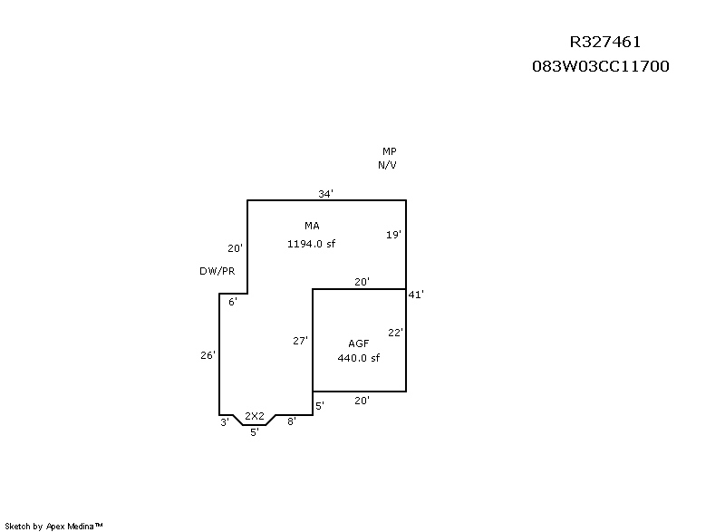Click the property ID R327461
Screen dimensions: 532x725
pyautogui.click(x=605, y=42)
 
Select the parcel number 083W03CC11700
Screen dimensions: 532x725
pyautogui.click(x=601, y=66)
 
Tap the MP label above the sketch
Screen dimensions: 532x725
pyautogui.click(x=389, y=151)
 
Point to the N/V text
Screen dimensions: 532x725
pyautogui.click(x=387, y=165)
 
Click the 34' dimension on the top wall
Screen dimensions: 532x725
pyautogui.click(x=325, y=194)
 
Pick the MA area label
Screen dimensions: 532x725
pyautogui.click(x=311, y=225)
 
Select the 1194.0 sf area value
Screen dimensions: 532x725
pyautogui.click(x=312, y=243)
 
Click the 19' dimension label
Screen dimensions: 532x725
pyautogui.click(x=393, y=234)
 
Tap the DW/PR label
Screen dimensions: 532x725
pyautogui.click(x=217, y=271)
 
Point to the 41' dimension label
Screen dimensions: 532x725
pyautogui.click(x=416, y=295)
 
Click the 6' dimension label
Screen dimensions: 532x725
pyautogui.click(x=232, y=302)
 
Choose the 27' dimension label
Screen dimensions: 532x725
pyautogui.click(x=300, y=341)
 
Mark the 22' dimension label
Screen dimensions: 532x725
pyautogui.click(x=395, y=333)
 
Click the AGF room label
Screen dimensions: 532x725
pyautogui.click(x=358, y=343)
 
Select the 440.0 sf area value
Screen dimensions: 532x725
pyautogui.click(x=358, y=358)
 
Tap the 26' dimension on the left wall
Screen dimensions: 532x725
pyautogui.click(x=208, y=355)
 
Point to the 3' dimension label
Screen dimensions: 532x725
pyautogui.click(x=224, y=422)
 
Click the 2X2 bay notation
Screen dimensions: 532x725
pyautogui.click(x=255, y=416)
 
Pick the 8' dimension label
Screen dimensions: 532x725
pyautogui.click(x=291, y=422)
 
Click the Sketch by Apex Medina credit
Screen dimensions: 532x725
pyautogui.click(x=54, y=526)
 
